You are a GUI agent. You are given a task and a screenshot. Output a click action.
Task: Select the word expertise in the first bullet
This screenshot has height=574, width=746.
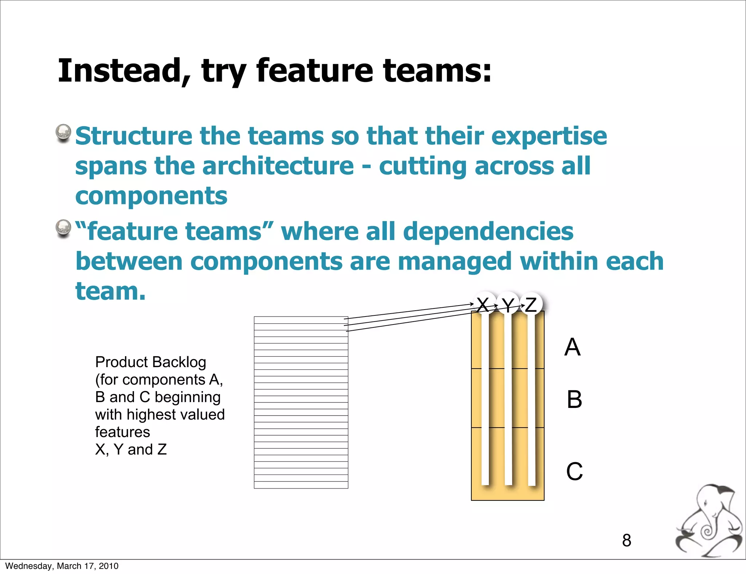[x=549, y=137]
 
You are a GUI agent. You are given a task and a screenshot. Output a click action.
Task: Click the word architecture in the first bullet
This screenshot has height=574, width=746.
[x=278, y=166]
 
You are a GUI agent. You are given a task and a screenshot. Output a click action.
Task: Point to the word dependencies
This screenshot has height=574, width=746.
[x=488, y=232]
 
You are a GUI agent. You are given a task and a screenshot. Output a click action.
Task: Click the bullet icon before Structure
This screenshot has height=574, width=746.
[x=63, y=133]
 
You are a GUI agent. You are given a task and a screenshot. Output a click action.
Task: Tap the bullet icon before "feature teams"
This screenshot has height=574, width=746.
[x=63, y=228]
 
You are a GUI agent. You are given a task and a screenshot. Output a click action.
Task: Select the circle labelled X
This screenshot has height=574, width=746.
[x=484, y=304]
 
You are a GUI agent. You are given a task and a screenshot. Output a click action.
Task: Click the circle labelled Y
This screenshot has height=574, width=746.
[x=508, y=304]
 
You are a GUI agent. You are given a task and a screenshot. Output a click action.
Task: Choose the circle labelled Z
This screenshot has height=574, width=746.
[x=531, y=304]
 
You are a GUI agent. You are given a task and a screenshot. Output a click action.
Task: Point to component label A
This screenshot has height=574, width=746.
[x=572, y=347]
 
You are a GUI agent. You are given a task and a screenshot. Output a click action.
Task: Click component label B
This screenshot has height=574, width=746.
[x=574, y=400]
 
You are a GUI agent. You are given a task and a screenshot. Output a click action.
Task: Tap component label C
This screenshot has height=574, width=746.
[x=574, y=471]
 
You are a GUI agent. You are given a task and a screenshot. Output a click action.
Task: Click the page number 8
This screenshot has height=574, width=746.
[x=627, y=540]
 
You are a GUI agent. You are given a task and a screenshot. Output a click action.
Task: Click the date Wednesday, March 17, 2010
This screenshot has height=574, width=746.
[x=62, y=566]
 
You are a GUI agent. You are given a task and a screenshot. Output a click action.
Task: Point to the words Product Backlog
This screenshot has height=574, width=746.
[x=150, y=362]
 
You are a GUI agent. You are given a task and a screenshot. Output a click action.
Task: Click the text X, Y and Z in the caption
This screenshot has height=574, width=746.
[x=131, y=449]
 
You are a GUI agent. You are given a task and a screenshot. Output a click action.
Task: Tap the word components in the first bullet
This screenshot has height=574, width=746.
[x=151, y=196]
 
